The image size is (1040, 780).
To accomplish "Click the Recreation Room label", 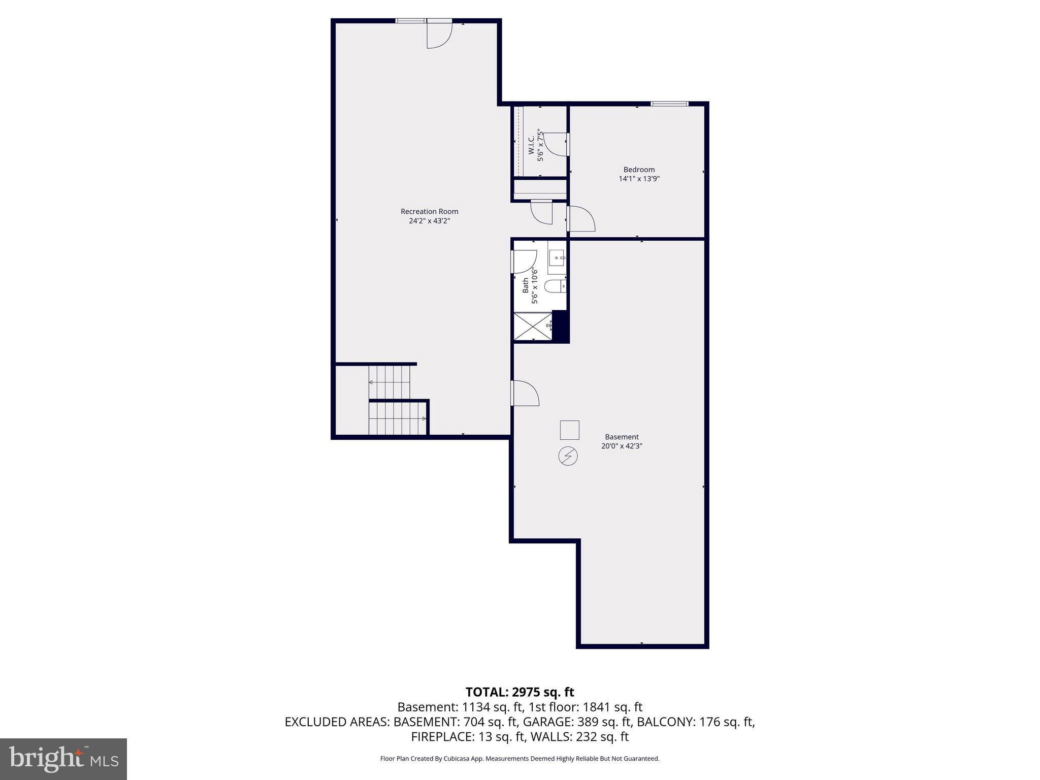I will (429, 211).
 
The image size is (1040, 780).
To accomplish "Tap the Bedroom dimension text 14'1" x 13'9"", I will (639, 179).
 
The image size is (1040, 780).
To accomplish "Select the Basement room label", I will (622, 437).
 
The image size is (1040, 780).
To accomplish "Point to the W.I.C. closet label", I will (531, 146).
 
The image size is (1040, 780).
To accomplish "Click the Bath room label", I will (526, 285).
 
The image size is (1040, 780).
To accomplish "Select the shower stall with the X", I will (532, 327).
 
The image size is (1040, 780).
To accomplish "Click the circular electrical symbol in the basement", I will (568, 456).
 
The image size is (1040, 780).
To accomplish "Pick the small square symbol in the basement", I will (569, 430).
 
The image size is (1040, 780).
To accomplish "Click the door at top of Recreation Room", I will (438, 35).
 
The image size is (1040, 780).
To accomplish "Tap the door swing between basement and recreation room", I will (524, 393).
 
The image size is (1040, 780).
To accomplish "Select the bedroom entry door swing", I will (581, 219).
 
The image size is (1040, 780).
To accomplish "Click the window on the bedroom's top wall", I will (669, 104).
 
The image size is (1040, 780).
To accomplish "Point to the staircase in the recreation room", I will (396, 401).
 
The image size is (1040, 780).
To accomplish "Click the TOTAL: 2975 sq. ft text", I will (519, 692).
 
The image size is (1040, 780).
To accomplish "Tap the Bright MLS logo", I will (63, 759).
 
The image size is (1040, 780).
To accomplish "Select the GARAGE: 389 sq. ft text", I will (577, 722).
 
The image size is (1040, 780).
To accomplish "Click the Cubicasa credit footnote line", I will (519, 759).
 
